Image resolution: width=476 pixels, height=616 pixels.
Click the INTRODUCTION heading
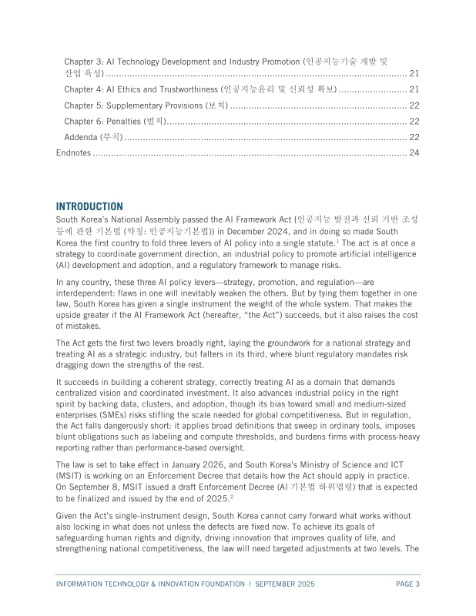pyautogui.click(x=89, y=206)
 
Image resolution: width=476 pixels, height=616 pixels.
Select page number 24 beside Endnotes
pyautogui.click(x=414, y=152)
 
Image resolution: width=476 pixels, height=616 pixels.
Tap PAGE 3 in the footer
pyautogui.click(x=407, y=584)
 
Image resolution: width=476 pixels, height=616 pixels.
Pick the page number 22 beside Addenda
pyautogui.click(x=414, y=137)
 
